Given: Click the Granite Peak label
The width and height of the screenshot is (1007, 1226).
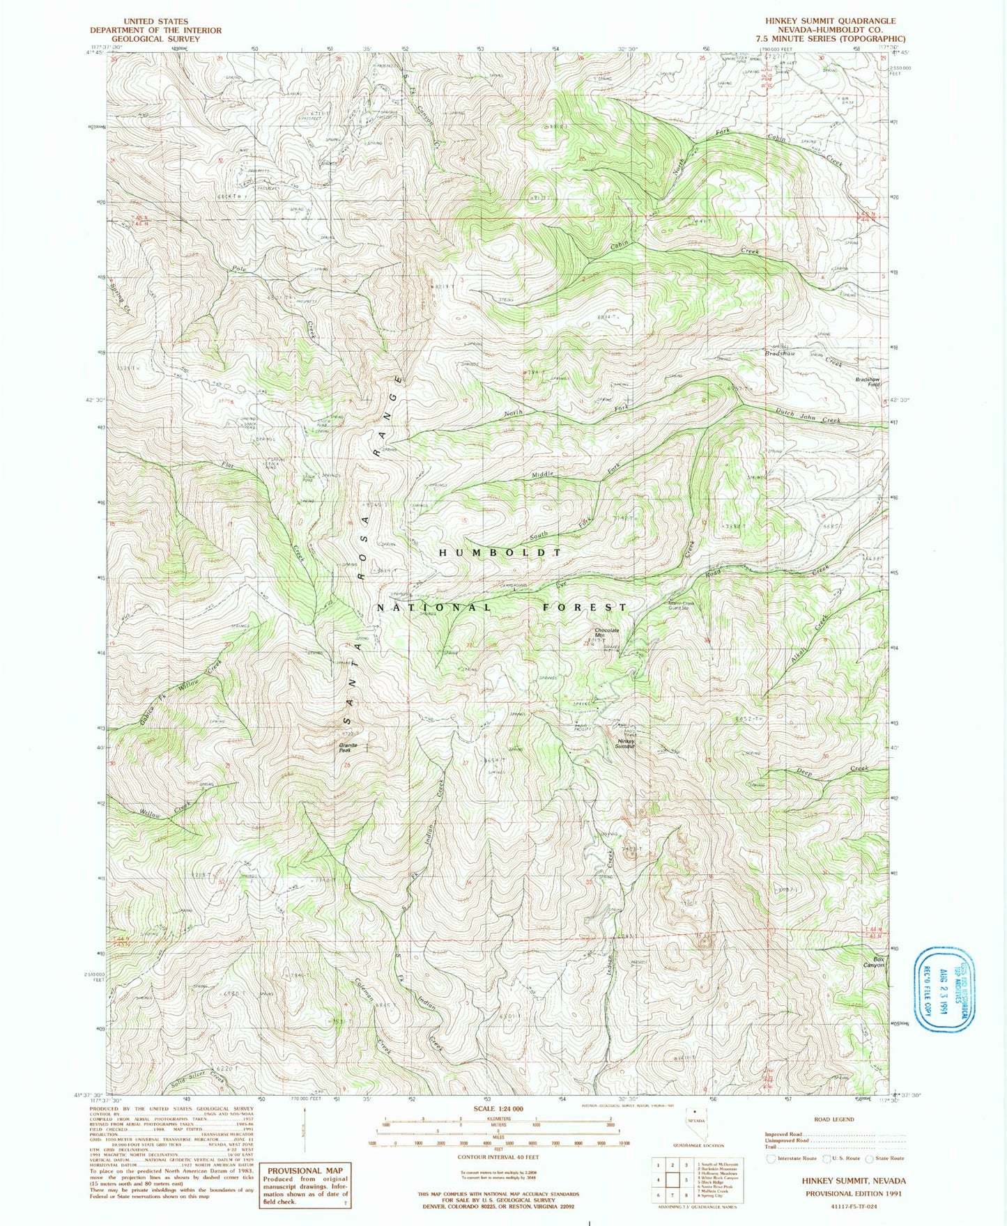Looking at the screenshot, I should (348, 747).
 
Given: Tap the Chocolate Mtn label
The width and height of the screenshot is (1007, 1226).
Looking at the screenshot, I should (606, 633).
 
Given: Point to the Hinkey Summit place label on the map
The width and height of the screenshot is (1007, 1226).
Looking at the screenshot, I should (626, 743).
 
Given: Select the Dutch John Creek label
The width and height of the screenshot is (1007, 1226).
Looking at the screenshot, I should (808, 416).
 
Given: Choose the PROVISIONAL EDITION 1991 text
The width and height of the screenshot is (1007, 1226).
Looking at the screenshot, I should (853, 1192).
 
